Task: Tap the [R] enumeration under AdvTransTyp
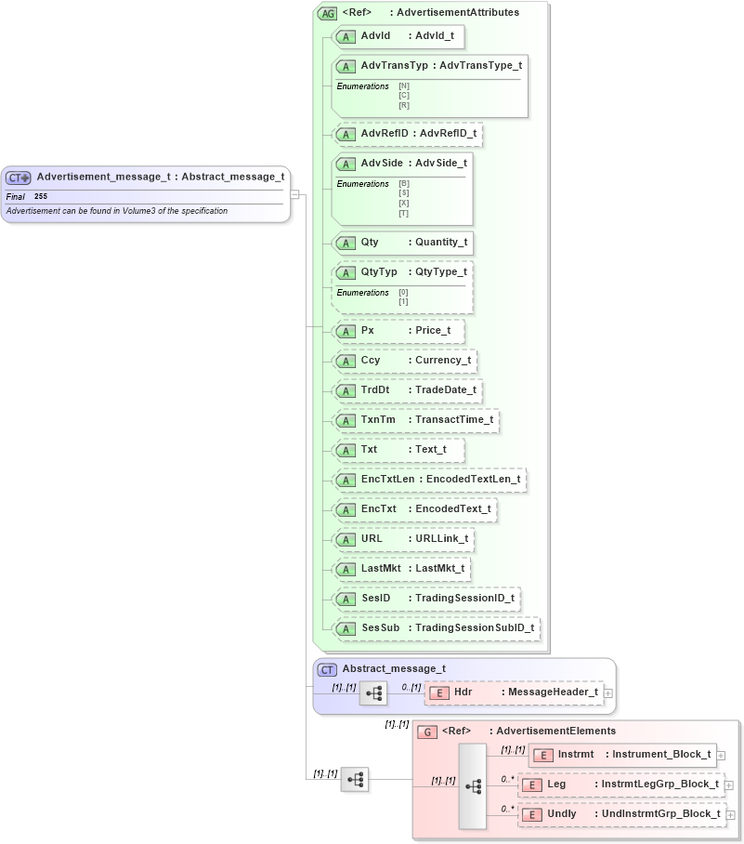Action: pos(404,105)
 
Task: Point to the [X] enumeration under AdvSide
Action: pos(404,203)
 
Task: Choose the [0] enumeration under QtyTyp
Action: pos(403,292)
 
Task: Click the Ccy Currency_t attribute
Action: pos(405,361)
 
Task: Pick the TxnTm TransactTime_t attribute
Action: pos(415,420)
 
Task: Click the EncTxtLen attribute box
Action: pos(429,480)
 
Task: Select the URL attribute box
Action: pos(404,539)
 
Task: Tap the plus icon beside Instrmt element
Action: pos(721,756)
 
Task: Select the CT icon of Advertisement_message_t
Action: pos(19,178)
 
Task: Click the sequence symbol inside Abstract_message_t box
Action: pos(372,693)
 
